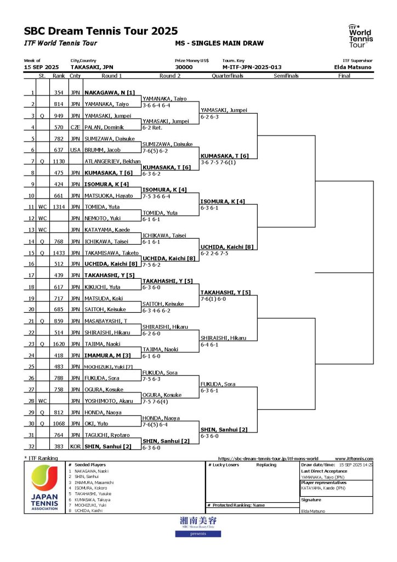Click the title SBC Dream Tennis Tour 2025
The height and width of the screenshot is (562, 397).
[101, 31]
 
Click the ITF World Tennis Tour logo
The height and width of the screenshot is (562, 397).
[360, 36]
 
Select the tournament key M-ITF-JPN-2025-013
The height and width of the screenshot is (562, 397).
[252, 67]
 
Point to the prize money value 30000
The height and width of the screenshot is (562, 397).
[184, 67]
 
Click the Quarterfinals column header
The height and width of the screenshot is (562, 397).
[228, 76]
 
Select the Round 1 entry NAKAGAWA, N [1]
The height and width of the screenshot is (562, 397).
[110, 93]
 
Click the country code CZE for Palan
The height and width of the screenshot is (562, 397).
[75, 127]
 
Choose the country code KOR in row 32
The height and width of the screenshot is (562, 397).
[75, 446]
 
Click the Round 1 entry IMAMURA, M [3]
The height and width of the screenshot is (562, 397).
[109, 355]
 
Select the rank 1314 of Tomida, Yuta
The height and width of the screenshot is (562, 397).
[59, 207]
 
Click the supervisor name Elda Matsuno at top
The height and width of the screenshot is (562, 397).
[356, 67]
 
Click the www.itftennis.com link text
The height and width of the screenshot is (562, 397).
[354, 459]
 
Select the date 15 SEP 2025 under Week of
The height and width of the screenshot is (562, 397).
[41, 67]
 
